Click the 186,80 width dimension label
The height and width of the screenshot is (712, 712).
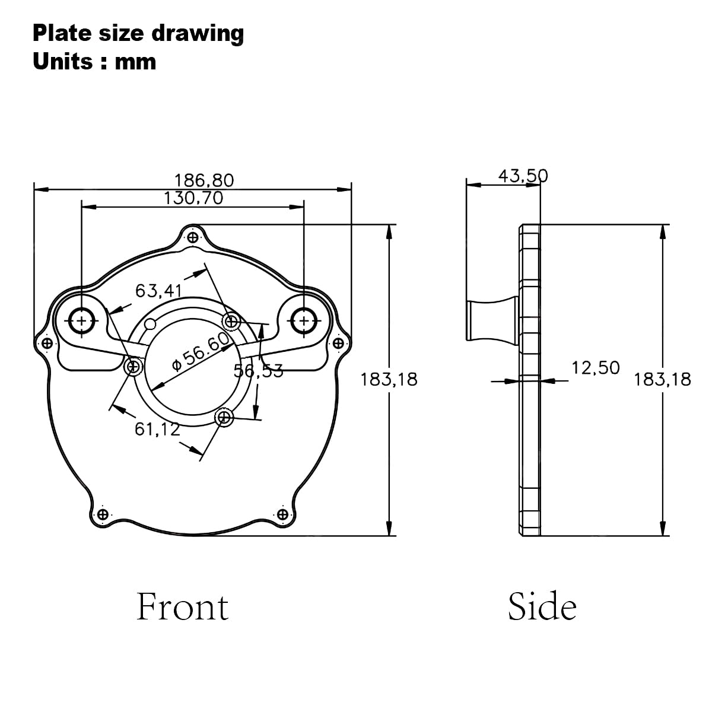click(x=204, y=180)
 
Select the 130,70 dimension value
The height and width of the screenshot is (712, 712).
click(x=193, y=198)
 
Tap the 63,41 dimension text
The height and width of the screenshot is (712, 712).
click(x=158, y=291)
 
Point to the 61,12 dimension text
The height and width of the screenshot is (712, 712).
click(x=157, y=429)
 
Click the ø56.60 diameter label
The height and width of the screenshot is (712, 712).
click(x=201, y=351)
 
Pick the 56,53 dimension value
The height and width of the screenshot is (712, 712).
click(x=259, y=370)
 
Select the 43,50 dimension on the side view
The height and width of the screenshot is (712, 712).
click(x=523, y=176)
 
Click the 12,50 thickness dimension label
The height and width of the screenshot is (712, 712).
click(x=595, y=368)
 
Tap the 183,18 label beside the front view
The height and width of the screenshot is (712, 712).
click(x=389, y=380)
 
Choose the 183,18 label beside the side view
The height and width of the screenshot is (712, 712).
click(x=662, y=380)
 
